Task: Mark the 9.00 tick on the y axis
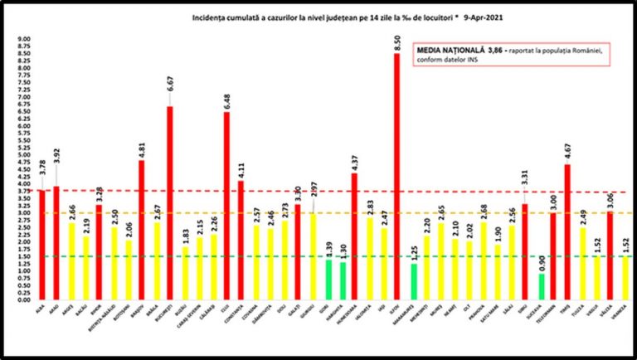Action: (x=24, y=39)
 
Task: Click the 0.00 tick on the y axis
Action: (x=24, y=299)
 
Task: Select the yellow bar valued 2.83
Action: (x=369, y=258)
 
